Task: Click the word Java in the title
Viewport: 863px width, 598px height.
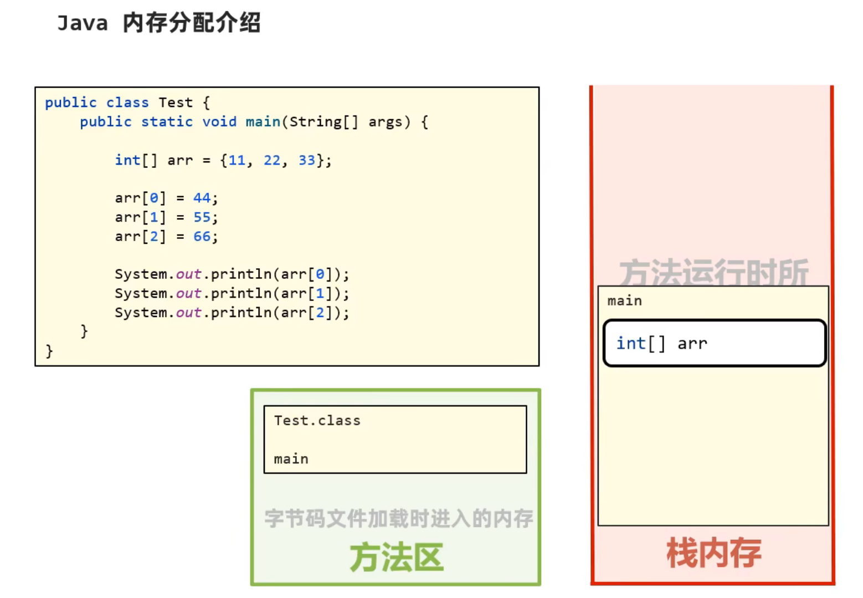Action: point(83,23)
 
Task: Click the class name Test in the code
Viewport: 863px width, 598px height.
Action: point(176,103)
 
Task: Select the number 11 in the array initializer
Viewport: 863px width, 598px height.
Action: point(237,160)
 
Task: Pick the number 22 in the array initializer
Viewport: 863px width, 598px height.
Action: point(272,160)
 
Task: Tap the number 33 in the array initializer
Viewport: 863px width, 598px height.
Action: point(307,160)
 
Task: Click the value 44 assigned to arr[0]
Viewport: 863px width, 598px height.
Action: point(202,198)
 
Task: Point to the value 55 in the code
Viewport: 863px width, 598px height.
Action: point(202,217)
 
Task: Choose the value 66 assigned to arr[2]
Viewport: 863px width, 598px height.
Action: point(202,237)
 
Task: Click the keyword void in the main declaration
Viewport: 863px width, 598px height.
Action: point(219,122)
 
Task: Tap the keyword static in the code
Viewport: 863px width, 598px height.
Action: point(167,122)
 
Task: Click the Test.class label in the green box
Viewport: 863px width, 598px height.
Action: point(317,421)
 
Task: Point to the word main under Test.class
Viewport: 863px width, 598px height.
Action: point(291,459)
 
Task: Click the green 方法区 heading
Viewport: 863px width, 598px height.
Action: point(396,557)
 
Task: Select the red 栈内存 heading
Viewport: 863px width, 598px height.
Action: point(713,553)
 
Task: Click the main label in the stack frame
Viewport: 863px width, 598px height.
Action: point(624,301)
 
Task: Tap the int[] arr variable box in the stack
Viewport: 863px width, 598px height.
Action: point(714,343)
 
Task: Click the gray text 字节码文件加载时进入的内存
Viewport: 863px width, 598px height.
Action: point(398,519)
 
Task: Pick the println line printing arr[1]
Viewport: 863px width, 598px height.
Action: point(232,293)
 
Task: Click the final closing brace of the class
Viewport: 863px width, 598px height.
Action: point(49,351)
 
